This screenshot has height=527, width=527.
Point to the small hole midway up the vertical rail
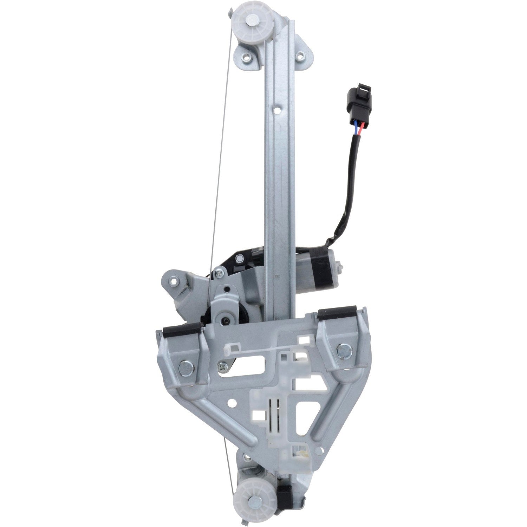coord(278,110)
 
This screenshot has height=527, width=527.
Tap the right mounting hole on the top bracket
coord(301,55)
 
